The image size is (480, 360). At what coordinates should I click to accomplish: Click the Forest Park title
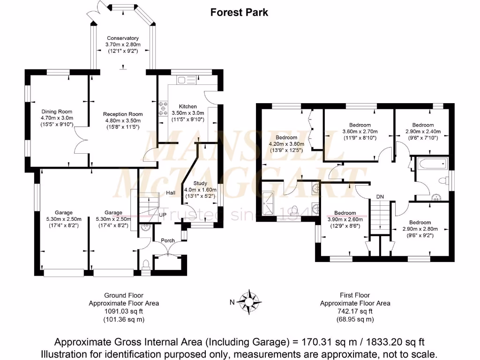(239, 12)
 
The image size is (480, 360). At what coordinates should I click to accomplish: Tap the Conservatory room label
(123, 38)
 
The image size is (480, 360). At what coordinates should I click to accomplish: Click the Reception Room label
(123, 114)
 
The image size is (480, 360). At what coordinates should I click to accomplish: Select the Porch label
(167, 240)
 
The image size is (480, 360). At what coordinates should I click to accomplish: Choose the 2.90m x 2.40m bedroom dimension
(423, 132)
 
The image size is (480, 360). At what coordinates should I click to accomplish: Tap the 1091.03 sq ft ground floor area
(124, 311)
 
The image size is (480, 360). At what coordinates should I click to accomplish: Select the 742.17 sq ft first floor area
(355, 311)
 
